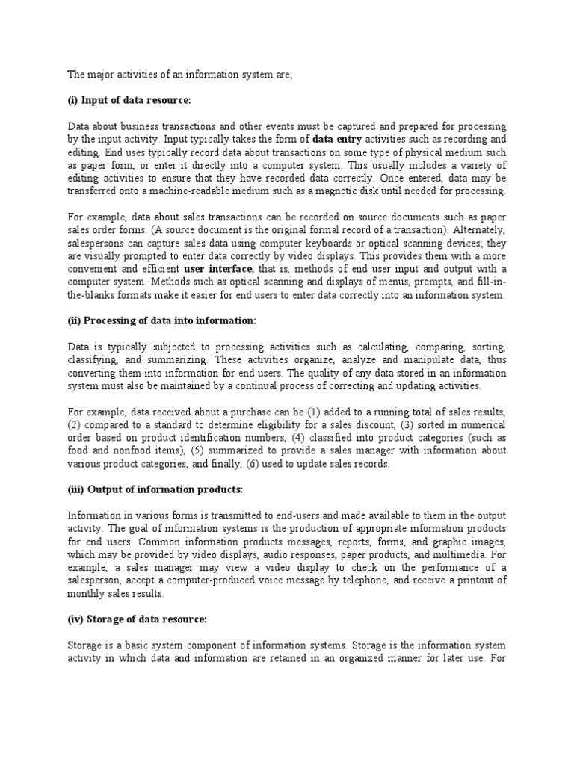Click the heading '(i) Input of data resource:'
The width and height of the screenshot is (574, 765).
point(129,100)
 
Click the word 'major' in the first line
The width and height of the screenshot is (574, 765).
point(103,75)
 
